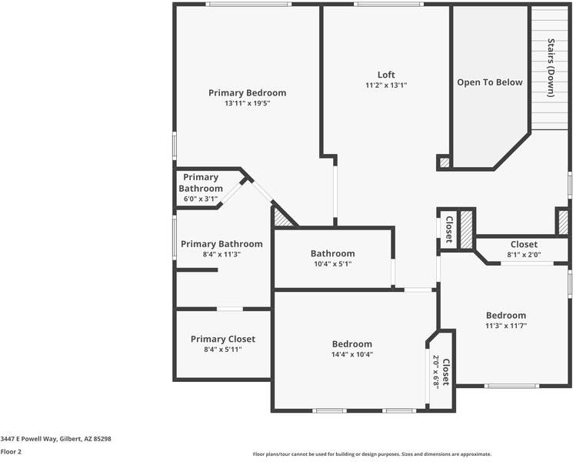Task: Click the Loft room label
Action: click(386, 75)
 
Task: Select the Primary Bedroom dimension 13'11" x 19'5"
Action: click(248, 103)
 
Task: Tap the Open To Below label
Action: click(490, 82)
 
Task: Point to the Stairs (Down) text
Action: click(551, 68)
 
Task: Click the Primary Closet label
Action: click(223, 339)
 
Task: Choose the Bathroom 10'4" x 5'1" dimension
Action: click(332, 264)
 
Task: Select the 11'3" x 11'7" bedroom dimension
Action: click(505, 326)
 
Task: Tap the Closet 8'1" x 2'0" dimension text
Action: click(524, 254)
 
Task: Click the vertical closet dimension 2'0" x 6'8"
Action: click(435, 371)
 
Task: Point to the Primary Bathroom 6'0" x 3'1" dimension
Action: click(201, 199)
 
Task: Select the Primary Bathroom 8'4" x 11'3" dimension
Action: click(222, 254)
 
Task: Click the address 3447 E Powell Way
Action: click(56, 438)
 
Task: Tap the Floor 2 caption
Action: click(11, 452)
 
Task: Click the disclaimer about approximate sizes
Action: click(372, 454)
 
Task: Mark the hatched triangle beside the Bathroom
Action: click(282, 219)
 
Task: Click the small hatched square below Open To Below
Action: click(444, 162)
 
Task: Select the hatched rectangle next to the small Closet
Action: click(466, 229)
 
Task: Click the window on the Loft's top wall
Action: click(388, 5)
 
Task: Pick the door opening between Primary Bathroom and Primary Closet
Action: click(229, 309)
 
